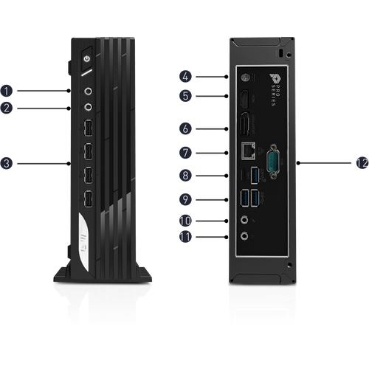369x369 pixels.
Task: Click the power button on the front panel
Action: coord(86,59)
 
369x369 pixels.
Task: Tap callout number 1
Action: coord(7,91)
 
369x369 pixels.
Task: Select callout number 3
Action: coord(7,164)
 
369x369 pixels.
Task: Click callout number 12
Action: coord(362,163)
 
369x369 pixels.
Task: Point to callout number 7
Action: coord(185,153)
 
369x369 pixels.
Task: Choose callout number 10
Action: coord(185,221)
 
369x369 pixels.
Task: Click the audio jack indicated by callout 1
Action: coord(89,92)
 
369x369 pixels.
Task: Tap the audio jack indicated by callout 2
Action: coord(89,107)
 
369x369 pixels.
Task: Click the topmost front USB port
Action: coord(88,128)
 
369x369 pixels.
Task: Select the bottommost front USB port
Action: coord(88,199)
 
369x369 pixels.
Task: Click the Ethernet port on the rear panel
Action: coord(248,151)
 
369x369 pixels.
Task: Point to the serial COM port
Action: coord(273,162)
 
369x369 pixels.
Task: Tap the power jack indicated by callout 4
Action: coord(244,77)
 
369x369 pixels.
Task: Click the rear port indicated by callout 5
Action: coord(244,99)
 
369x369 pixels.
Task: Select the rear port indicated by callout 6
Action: coord(245,124)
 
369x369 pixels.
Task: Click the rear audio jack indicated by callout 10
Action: coord(244,220)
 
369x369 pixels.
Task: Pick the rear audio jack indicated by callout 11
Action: coord(244,236)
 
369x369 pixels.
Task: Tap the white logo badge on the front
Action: coord(84,242)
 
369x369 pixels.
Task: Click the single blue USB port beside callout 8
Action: coord(255,175)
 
